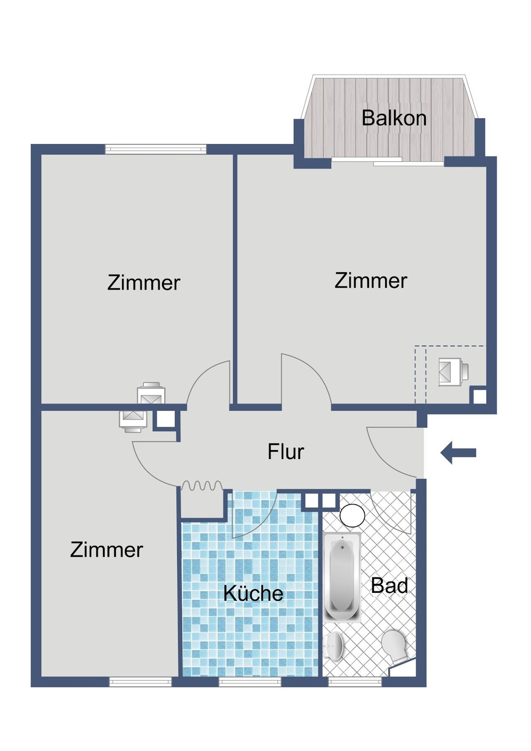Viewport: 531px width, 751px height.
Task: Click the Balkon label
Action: pyautogui.click(x=394, y=118)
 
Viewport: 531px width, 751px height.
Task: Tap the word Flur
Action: pyautogui.click(x=286, y=452)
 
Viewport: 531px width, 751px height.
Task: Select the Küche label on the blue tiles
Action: pyautogui.click(x=253, y=593)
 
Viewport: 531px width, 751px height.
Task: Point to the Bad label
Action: pyautogui.click(x=389, y=585)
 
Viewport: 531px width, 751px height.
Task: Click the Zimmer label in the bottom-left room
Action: pyautogui.click(x=107, y=550)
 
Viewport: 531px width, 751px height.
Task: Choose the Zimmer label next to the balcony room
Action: pyautogui.click(x=371, y=281)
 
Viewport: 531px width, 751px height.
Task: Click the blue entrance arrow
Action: pyautogui.click(x=458, y=453)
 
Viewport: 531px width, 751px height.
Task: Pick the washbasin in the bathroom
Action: pyautogui.click(x=335, y=646)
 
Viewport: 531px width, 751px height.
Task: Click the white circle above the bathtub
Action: pyautogui.click(x=352, y=515)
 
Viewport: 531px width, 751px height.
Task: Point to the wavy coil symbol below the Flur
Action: pyautogui.click(x=202, y=486)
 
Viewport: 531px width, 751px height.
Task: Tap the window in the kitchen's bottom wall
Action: pyautogui.click(x=250, y=681)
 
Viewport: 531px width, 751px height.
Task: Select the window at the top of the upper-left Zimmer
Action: pyautogui.click(x=156, y=149)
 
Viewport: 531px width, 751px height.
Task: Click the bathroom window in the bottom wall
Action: pyautogui.click(x=355, y=681)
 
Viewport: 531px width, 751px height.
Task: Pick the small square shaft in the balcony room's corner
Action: pyautogui.click(x=479, y=396)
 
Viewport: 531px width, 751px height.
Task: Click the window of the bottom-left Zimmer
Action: pyautogui.click(x=141, y=681)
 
